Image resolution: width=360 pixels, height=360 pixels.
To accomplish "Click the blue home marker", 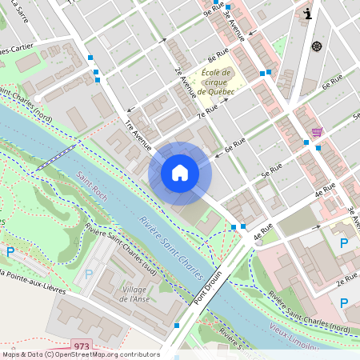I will click(x=180, y=173).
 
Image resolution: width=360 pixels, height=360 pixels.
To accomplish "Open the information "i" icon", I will click(x=309, y=14).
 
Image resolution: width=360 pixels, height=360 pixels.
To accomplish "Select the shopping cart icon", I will click(x=318, y=130).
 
